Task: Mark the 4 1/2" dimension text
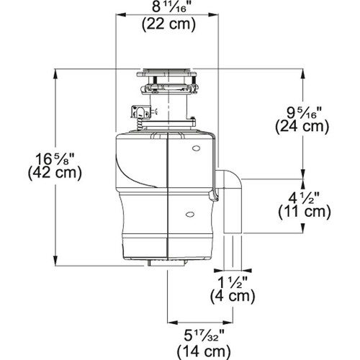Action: coord(302,196)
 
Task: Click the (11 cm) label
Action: coord(302,212)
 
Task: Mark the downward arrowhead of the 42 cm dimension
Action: coord(55,262)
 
